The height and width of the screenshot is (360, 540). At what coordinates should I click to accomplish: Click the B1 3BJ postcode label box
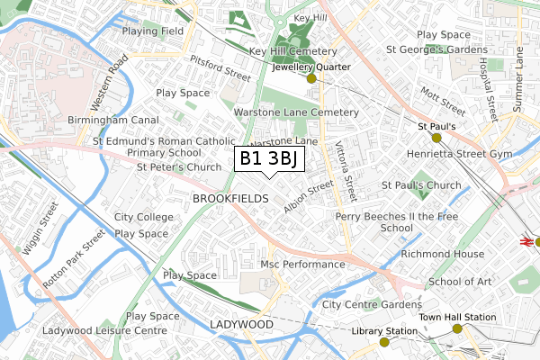269,159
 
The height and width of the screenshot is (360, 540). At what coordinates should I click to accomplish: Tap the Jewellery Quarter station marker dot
312,79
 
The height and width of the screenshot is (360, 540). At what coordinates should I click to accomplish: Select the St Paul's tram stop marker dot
436,139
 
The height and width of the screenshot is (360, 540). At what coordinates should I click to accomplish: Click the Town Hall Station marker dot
457,329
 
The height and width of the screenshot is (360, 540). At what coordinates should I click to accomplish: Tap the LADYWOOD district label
240,323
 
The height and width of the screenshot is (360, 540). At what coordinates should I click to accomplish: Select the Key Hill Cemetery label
292,52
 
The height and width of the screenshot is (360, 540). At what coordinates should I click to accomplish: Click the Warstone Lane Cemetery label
296,112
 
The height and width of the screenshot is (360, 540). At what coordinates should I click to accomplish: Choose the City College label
144,218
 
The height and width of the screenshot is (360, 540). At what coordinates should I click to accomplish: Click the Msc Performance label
302,265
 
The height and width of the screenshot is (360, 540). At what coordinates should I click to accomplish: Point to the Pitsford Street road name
220,67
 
